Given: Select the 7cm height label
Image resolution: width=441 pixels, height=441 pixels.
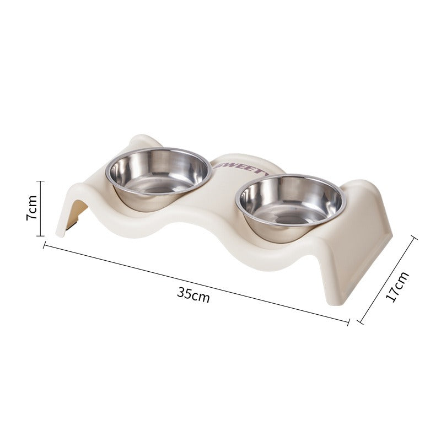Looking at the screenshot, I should point(33,208).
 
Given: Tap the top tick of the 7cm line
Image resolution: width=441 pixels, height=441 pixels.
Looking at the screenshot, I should point(40,181).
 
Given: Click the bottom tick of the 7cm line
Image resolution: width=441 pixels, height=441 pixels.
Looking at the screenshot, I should point(40,235).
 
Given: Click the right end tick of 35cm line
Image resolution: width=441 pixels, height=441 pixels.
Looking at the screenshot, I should point(348,321).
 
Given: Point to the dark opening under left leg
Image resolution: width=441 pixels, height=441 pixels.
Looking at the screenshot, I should point(77,215).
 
